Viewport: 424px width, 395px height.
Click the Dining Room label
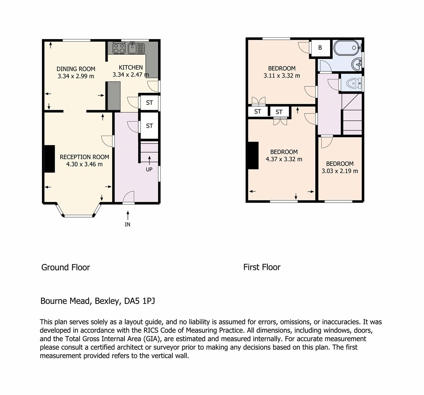coord(76,69)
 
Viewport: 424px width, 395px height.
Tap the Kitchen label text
coord(131,67)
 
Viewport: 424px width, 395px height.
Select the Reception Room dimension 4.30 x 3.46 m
coord(84,165)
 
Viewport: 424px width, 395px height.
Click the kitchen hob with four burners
coord(119,48)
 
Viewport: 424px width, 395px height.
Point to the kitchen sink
coord(136,48)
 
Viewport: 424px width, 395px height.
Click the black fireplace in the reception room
coord(49,159)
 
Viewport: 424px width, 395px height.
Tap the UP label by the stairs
coord(149,170)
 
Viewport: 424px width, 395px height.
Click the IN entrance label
coord(127,225)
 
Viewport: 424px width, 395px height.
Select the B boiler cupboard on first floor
coord(320,48)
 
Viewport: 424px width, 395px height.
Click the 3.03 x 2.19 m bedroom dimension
coord(340,171)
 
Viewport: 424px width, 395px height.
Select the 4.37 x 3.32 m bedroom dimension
coord(284,159)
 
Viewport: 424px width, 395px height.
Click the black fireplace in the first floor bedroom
coord(253,155)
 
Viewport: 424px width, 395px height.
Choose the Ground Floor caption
coord(65,267)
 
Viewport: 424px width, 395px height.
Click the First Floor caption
coord(261,267)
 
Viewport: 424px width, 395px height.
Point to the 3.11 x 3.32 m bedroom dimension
coord(282,76)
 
